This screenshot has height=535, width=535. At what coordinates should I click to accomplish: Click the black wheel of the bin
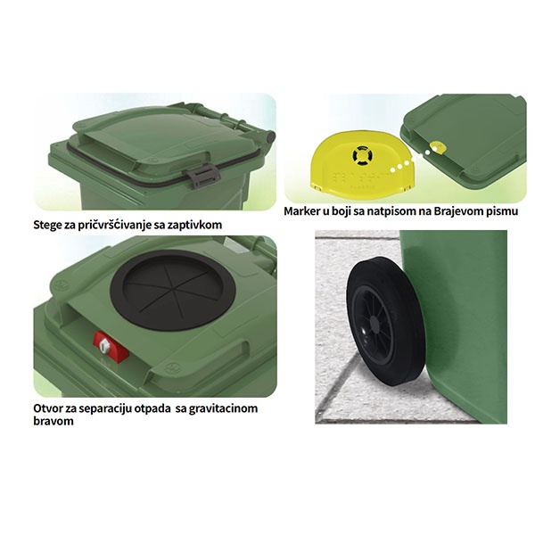coord(386,322)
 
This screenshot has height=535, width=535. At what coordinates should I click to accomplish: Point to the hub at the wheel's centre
coord(374,321)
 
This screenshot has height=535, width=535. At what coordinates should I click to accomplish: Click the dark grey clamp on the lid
coord(203,175)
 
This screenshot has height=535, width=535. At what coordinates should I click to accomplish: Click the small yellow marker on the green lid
coord(439,147)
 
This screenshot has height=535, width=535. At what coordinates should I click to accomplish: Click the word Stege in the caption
coord(47,225)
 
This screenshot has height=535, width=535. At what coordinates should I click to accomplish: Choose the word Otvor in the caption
coord(46,408)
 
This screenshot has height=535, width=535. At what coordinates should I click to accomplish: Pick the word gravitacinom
coord(223,408)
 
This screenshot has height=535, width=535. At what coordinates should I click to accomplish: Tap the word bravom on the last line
coord(53,421)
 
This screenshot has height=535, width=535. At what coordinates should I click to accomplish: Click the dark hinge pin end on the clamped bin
coord(270,137)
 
